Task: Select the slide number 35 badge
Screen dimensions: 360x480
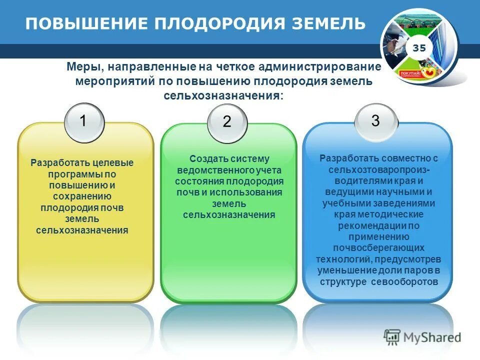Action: pyautogui.click(x=419, y=48)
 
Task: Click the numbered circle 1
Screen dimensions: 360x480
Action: pyautogui.click(x=84, y=121)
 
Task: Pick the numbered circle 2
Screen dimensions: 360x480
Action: pyautogui.click(x=227, y=121)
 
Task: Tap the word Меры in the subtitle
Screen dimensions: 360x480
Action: pyautogui.click(x=84, y=67)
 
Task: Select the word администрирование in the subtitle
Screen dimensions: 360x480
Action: pyautogui.click(x=329, y=67)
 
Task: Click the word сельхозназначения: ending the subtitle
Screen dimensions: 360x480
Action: pyautogui.click(x=223, y=95)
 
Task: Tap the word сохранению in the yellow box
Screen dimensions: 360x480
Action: pyautogui.click(x=83, y=196)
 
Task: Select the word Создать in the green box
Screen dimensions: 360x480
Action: pyautogui.click(x=208, y=159)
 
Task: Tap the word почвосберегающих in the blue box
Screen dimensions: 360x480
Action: pyautogui.click(x=378, y=248)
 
